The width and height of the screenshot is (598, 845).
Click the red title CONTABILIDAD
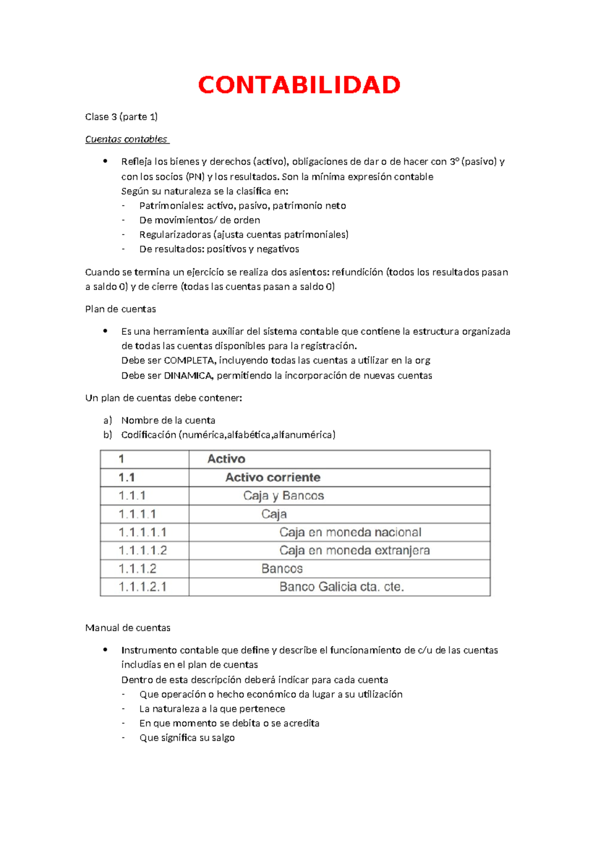pyautogui.click(x=299, y=85)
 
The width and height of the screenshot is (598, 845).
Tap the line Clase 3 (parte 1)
pyautogui.click(x=121, y=117)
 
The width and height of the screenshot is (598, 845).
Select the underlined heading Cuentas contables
pyautogui.click(x=127, y=140)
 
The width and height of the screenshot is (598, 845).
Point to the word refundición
pyautogui.click(x=358, y=273)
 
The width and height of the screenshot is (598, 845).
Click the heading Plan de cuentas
pyautogui.click(x=121, y=309)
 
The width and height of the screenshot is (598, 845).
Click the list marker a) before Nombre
pyautogui.click(x=108, y=421)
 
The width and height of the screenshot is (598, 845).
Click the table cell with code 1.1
pyautogui.click(x=127, y=478)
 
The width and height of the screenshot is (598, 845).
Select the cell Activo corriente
pyautogui.click(x=273, y=478)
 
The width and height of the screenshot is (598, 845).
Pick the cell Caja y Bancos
pyautogui.click(x=284, y=496)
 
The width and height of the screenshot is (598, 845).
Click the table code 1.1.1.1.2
pyautogui.click(x=143, y=551)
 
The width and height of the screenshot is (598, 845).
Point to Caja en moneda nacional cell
pyautogui.click(x=350, y=533)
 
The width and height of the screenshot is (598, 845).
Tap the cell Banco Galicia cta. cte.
pyautogui.click(x=341, y=587)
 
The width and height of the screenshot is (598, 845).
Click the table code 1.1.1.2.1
pyautogui.click(x=143, y=587)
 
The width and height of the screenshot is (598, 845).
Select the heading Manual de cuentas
pyautogui.click(x=128, y=628)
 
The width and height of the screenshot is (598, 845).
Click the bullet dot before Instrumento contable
pyautogui.click(x=105, y=650)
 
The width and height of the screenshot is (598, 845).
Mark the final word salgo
pyautogui.click(x=223, y=738)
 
